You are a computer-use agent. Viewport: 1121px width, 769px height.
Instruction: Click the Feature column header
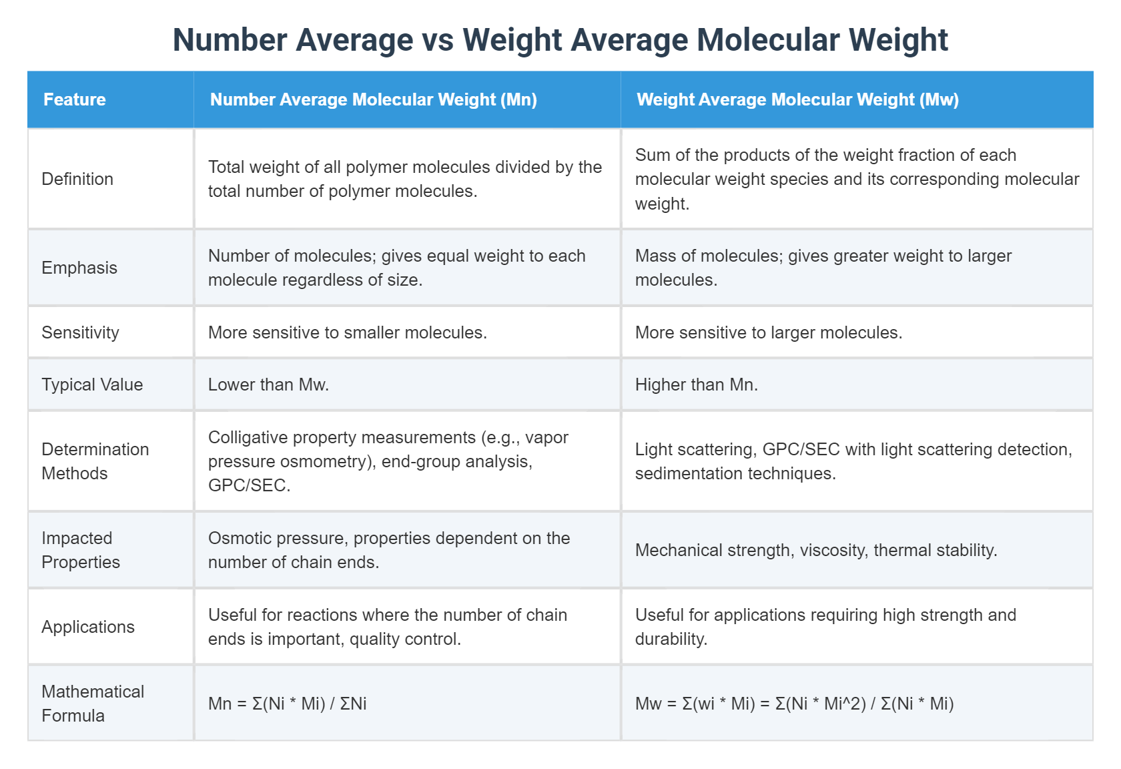tap(75, 99)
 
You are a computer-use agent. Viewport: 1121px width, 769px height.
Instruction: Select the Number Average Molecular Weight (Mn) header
tap(373, 99)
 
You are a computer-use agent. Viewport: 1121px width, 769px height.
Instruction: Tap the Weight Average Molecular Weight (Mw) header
tap(797, 99)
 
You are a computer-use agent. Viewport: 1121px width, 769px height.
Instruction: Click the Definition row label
tap(77, 179)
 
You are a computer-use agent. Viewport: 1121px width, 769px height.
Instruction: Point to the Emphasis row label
tap(79, 268)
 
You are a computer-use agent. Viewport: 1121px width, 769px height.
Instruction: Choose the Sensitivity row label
tap(80, 332)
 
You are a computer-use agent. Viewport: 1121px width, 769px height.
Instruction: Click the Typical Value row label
tap(92, 384)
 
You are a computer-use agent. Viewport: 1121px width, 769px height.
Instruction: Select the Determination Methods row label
tap(95, 461)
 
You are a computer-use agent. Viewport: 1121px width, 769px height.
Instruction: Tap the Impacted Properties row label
tap(81, 550)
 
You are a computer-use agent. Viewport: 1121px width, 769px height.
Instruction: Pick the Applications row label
tap(88, 627)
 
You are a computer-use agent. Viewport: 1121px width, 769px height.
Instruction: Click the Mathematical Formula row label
tap(93, 704)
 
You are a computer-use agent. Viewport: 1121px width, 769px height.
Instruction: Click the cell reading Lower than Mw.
tap(268, 384)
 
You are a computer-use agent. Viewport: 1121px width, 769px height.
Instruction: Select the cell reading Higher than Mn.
tap(696, 384)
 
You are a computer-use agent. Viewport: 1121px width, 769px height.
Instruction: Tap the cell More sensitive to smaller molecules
tap(347, 332)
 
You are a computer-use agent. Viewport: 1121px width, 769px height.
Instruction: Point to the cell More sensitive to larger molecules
tap(768, 332)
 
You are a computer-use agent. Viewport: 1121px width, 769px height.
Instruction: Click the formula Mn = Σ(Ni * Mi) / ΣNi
tap(287, 704)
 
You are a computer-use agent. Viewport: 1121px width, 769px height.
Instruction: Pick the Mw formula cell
tap(794, 704)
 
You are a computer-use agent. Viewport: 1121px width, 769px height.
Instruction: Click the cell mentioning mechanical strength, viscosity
tap(815, 550)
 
